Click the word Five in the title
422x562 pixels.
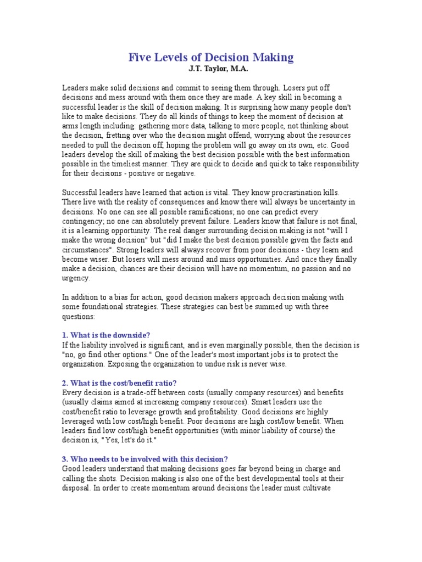tap(140, 57)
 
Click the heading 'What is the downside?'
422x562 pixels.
tap(108, 336)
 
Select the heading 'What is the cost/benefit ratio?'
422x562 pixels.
tap(119, 383)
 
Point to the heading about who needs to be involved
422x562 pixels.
tap(145, 459)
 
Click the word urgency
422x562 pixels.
tap(76, 278)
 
